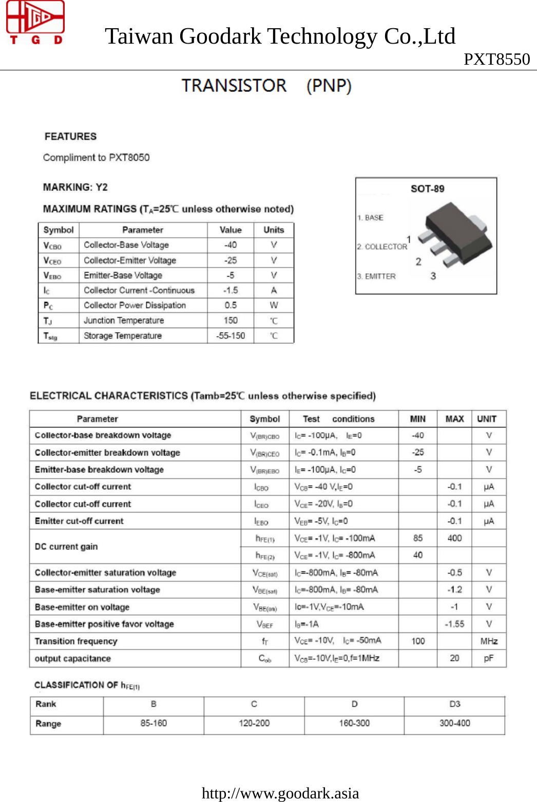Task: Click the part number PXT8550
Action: click(496, 60)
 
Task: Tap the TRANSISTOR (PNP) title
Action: click(266, 86)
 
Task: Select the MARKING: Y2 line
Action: click(75, 187)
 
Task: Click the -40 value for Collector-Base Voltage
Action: click(231, 245)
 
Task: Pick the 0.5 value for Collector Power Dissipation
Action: click(231, 305)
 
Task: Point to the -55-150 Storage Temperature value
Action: click(231, 336)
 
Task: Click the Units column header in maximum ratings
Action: click(274, 230)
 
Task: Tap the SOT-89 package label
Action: click(427, 189)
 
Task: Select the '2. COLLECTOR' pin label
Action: click(382, 247)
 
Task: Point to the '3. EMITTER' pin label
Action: click(376, 276)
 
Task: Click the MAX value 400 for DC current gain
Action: click(454, 538)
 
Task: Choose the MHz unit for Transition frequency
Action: click(489, 641)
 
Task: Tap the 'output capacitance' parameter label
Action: click(73, 659)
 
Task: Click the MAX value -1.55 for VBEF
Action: click(454, 624)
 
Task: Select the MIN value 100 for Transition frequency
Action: click(418, 641)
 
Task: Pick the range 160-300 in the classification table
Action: click(354, 723)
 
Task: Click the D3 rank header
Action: click(454, 704)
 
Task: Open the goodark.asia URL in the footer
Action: click(280, 793)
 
